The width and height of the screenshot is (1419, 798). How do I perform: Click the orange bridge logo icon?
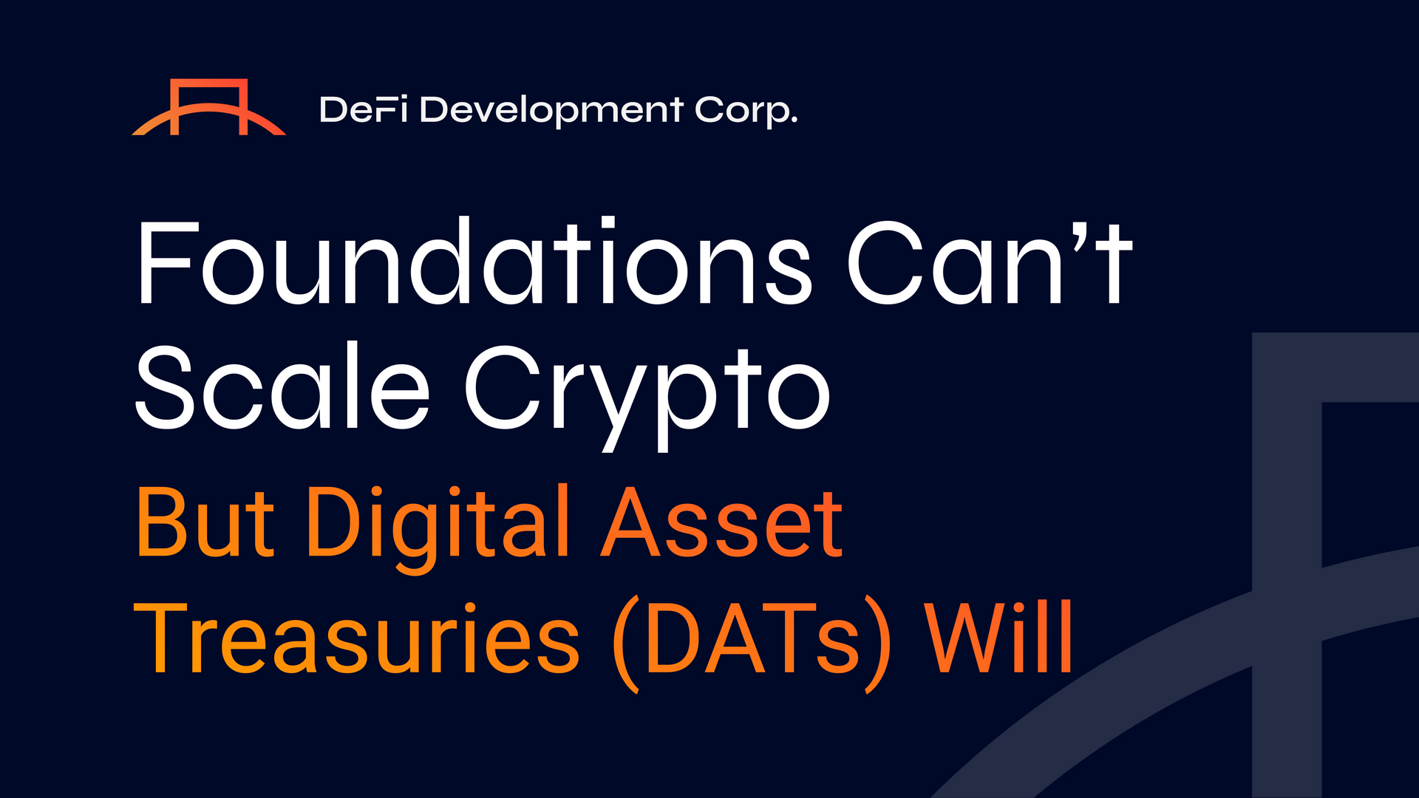point(208,108)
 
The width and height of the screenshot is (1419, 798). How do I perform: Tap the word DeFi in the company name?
point(363,110)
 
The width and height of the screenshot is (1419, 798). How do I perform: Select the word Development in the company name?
point(551,111)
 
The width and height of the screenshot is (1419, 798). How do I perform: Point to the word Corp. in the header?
point(746,111)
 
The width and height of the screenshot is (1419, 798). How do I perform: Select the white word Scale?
point(282,387)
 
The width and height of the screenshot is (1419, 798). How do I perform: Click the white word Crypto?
point(647,392)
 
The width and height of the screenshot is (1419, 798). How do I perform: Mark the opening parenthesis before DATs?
point(625,646)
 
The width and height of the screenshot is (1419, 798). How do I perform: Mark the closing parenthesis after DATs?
point(878,646)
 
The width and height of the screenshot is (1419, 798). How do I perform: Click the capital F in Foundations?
point(158,263)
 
